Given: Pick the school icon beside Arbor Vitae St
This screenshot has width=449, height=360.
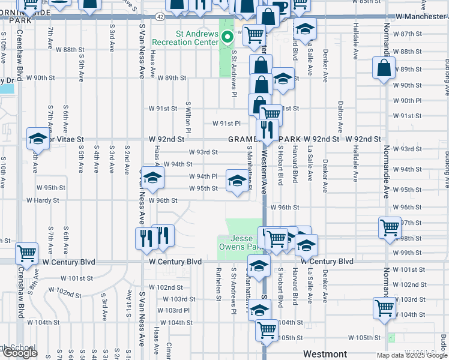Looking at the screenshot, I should coord(38,139).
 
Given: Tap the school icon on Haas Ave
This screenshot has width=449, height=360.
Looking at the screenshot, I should coord(152,177).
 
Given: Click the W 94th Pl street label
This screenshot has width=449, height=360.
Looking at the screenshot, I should coord(203,176).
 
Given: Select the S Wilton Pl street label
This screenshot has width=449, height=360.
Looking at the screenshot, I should coord(188,117).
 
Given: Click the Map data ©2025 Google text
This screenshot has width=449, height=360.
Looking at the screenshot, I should coord(411,355).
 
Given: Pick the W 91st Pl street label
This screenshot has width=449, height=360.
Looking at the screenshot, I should coord(226,124).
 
